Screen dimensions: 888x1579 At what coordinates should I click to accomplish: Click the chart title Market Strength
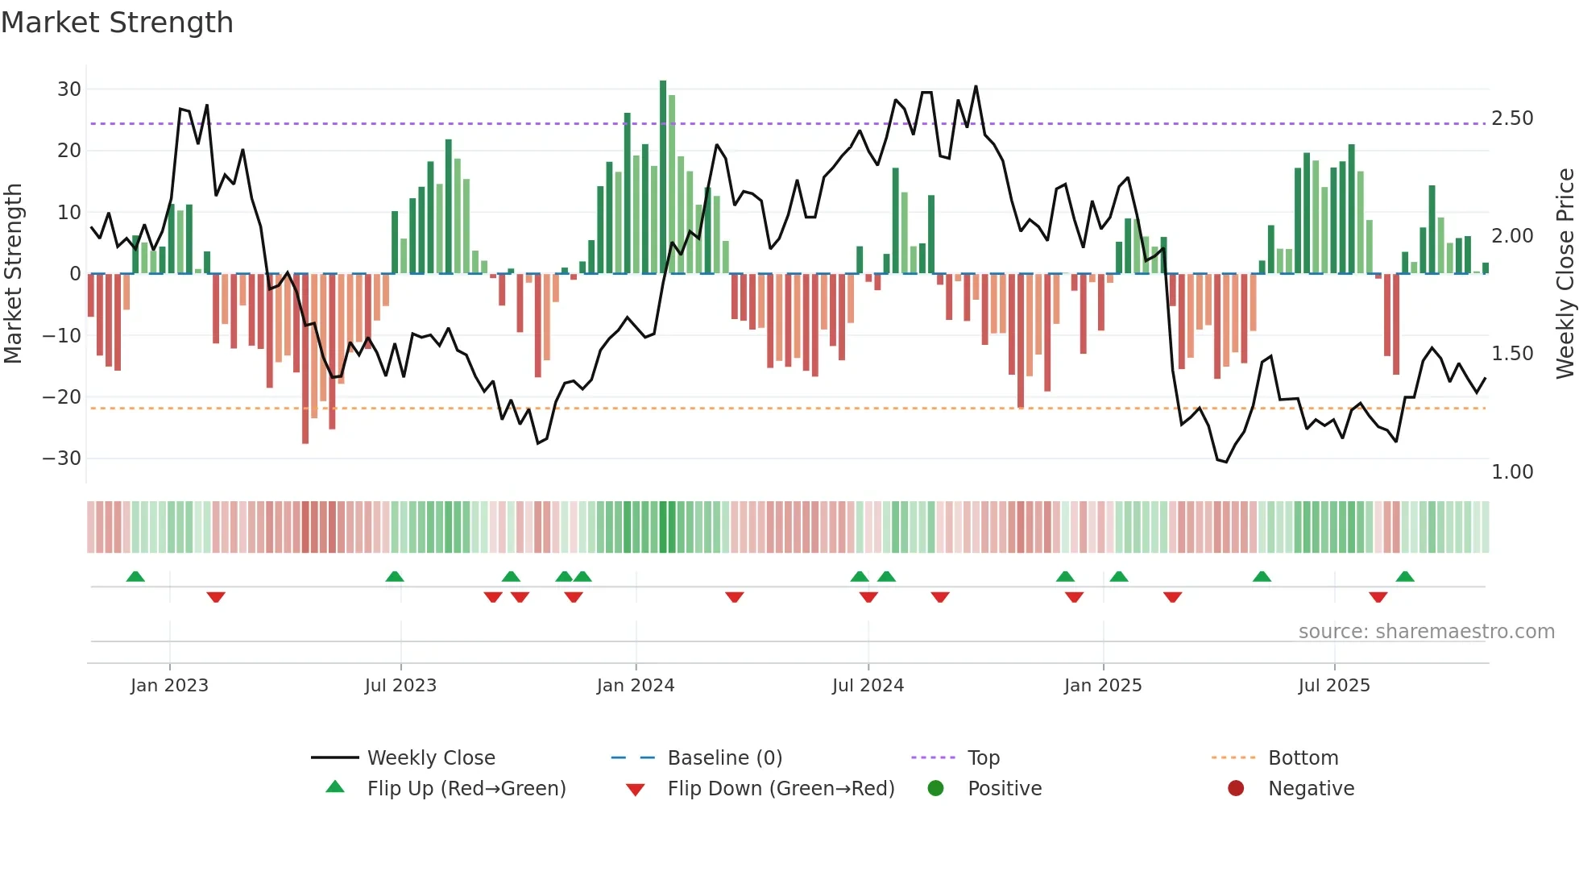pos(117,23)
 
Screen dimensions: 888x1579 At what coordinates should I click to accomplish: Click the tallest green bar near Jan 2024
pos(663,177)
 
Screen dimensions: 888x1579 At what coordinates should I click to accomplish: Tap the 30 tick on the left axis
pos(69,89)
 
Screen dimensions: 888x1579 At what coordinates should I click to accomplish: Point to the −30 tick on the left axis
pos(62,459)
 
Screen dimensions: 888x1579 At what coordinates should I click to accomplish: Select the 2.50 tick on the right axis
pos(1512,118)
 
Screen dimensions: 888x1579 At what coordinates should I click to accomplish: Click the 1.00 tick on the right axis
pos(1512,472)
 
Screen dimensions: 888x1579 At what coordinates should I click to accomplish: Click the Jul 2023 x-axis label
pos(400,686)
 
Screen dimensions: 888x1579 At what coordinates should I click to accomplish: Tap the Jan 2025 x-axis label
pos(1102,686)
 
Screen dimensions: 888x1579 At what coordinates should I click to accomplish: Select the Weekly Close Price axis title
pos(1564,274)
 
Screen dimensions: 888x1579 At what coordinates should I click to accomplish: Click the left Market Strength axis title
pos(13,274)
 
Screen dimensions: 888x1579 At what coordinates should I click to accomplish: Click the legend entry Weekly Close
pos(430,758)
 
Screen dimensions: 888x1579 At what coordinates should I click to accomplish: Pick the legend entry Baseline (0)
pos(724,758)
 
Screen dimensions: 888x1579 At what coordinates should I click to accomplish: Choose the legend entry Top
pos(983,758)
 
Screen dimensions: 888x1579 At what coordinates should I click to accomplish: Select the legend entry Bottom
pos(1303,758)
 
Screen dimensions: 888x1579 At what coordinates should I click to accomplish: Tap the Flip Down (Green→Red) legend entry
pos(780,789)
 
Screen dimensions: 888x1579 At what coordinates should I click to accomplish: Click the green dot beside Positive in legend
pos(935,789)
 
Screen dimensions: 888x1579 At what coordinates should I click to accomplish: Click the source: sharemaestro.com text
pos(1426,632)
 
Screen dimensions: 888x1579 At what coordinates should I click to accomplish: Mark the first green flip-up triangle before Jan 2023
pos(135,576)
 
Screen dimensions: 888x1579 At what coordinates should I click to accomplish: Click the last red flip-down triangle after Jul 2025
pos(1378,597)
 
